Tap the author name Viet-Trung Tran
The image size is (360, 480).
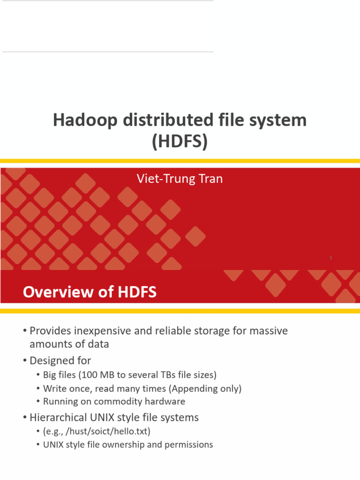pos(179,179)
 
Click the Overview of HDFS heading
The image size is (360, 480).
pos(90,292)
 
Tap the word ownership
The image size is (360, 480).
pos(132,444)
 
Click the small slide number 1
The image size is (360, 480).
pos(331,258)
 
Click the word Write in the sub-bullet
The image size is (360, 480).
pos(53,388)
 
